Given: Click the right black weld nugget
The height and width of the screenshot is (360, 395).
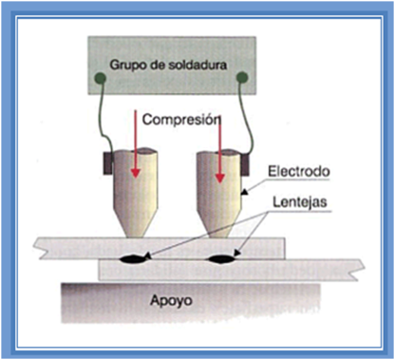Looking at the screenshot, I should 224,257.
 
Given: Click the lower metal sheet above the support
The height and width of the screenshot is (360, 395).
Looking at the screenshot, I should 304,268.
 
